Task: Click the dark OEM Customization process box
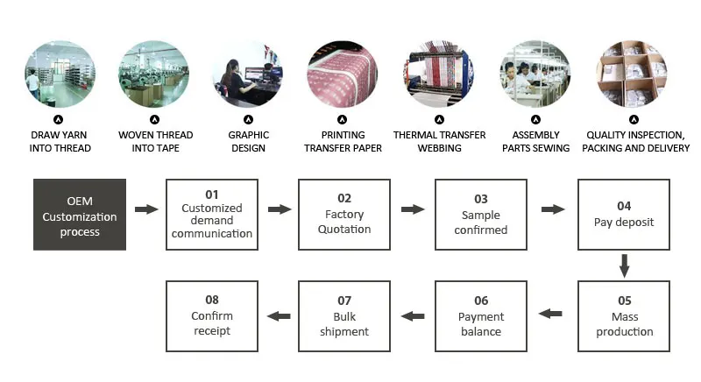click(x=80, y=216)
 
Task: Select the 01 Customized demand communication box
click(x=212, y=216)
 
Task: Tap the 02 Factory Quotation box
click(x=344, y=216)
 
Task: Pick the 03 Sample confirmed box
click(x=481, y=216)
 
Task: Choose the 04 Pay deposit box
click(x=624, y=216)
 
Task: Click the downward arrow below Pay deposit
click(x=624, y=265)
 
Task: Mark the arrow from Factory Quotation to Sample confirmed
click(x=413, y=210)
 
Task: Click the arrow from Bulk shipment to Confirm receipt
click(x=279, y=315)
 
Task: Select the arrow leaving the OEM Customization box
click(x=146, y=210)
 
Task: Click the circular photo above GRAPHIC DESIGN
click(x=248, y=74)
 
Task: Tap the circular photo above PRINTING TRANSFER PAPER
click(x=343, y=74)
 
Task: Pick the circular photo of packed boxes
click(x=631, y=74)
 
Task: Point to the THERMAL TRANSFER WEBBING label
click(x=439, y=142)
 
